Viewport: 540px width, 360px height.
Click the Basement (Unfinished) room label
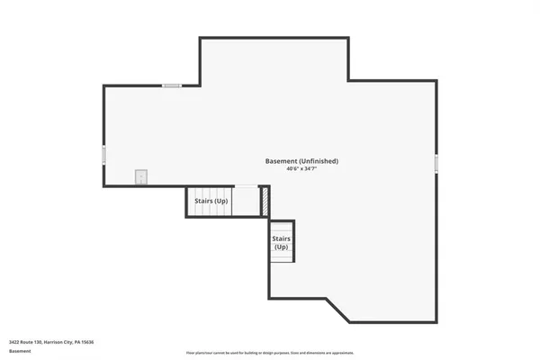(x=301, y=161)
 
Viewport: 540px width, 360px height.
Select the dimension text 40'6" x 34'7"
(x=301, y=169)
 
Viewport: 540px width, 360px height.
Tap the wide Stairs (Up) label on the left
(x=211, y=201)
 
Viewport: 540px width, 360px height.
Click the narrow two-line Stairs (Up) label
(x=281, y=242)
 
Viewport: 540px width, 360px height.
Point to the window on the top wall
(x=172, y=85)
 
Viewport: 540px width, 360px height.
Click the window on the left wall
(x=104, y=156)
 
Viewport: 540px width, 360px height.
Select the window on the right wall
(x=436, y=164)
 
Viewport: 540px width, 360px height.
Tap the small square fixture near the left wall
(x=140, y=176)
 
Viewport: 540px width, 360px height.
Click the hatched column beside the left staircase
(x=265, y=201)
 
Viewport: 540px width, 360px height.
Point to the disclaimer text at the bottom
(x=270, y=353)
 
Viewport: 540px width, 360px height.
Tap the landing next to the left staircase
(x=246, y=201)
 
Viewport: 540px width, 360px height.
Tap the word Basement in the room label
(x=281, y=161)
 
